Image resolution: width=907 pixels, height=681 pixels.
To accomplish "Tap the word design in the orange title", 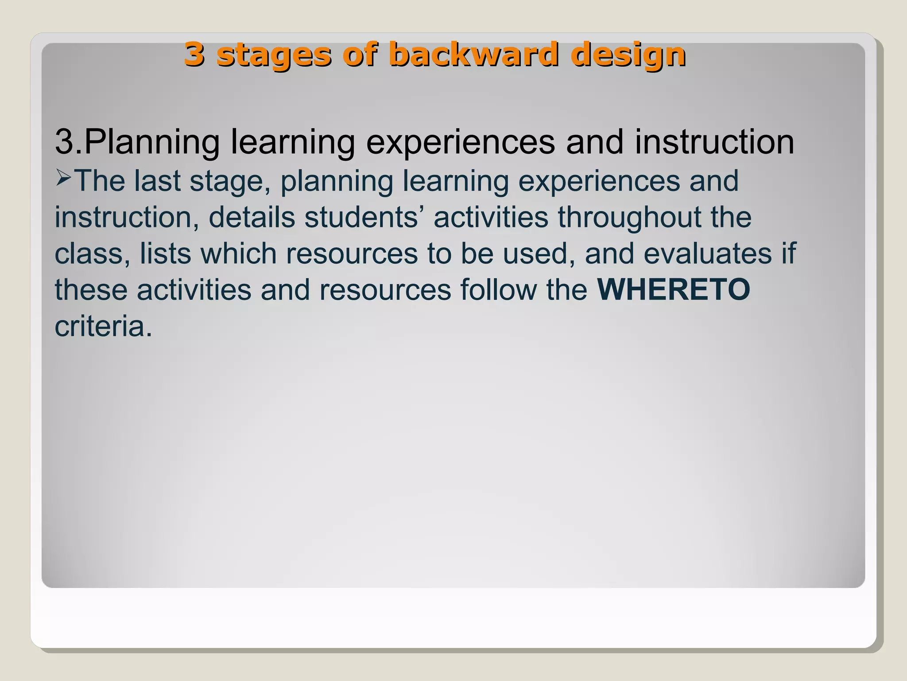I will pos(628,55).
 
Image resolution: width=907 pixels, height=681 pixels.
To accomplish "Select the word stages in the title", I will pos(274,55).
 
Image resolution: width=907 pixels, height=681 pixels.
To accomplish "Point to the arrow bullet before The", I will pos(64,179).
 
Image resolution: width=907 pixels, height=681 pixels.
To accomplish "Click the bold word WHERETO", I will pos(674,290).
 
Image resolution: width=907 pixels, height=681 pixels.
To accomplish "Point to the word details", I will pos(252,217).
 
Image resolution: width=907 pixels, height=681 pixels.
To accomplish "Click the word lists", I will pos(166,254).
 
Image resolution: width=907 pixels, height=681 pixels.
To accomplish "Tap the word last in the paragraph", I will pos(157,181).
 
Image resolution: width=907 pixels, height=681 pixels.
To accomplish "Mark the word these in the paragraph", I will pos(91,290).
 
